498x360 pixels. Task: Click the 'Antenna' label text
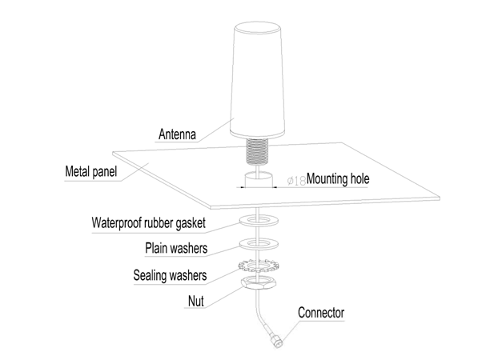pos(177,134)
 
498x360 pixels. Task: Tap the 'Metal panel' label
pos(90,172)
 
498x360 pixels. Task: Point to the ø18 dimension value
pos(295,181)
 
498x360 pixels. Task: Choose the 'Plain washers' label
pos(176,249)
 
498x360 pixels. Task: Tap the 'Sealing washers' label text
pos(170,277)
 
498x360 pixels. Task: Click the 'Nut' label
pos(197,302)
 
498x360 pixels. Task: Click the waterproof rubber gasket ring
pos(257,218)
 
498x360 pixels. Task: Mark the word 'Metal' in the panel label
pos(78,172)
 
